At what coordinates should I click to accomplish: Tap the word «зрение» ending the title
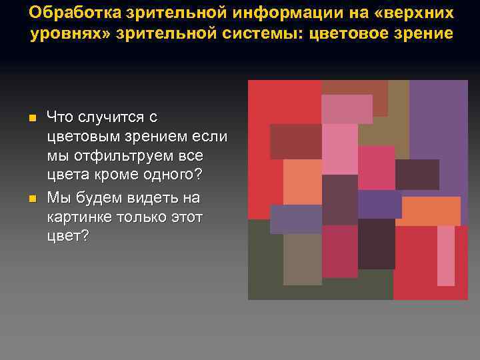click(x=421, y=34)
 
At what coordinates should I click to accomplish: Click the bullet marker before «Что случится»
click(x=32, y=119)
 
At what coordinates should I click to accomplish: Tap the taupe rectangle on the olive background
click(x=302, y=259)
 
